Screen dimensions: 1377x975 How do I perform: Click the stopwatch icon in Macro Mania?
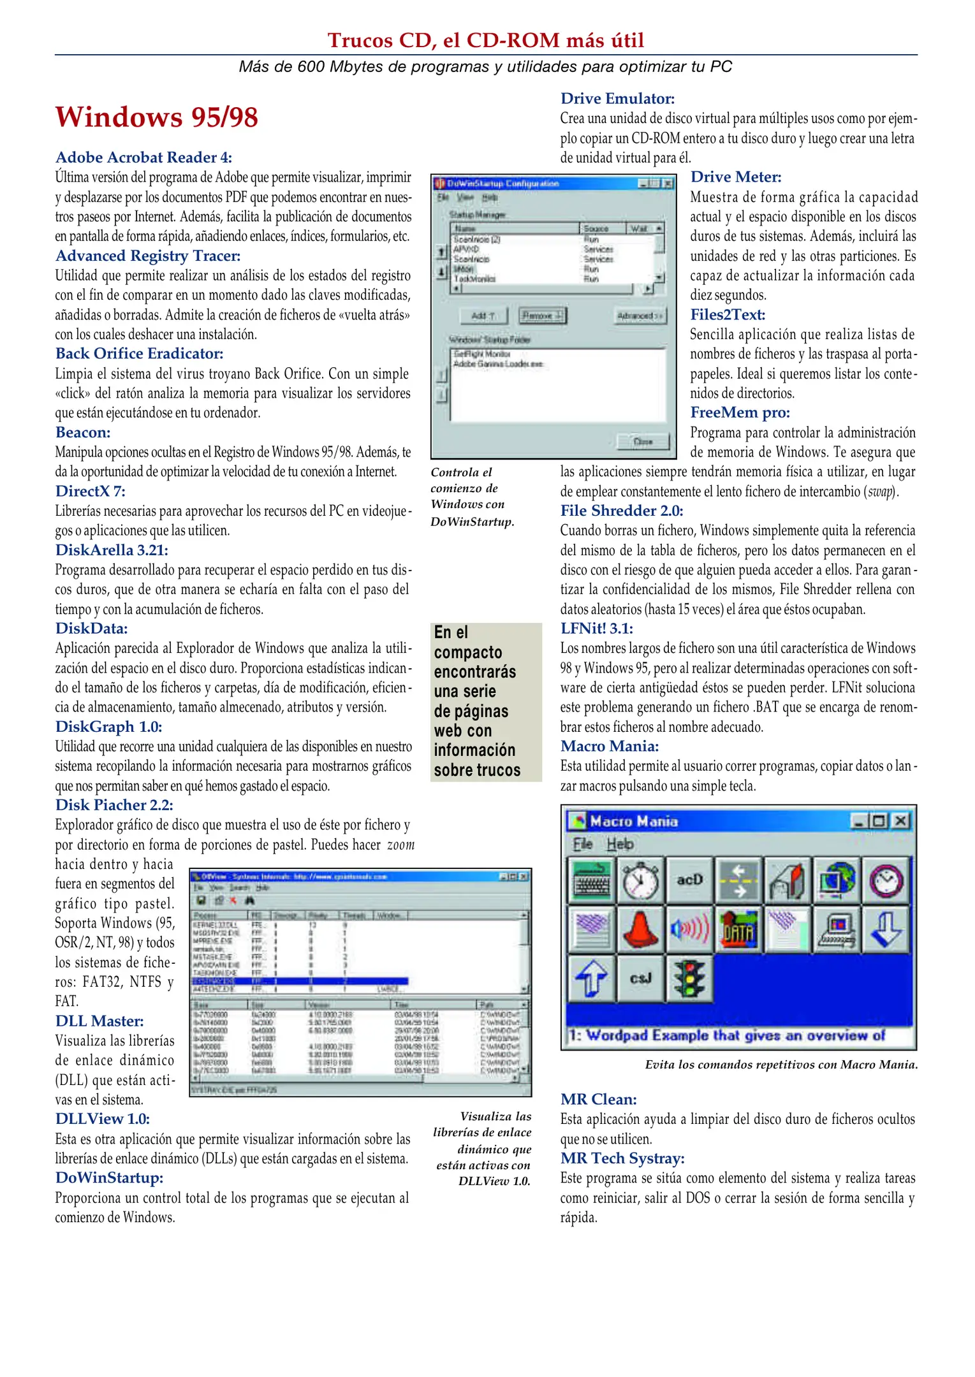tap(640, 880)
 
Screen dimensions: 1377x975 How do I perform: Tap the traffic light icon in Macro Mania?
tap(689, 978)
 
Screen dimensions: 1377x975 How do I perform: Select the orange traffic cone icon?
tap(640, 929)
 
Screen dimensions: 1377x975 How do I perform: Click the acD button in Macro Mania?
tap(689, 880)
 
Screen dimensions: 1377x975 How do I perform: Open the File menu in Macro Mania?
tap(582, 844)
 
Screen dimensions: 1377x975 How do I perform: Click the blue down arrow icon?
tap(886, 929)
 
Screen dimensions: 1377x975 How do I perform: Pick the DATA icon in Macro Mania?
tap(738, 929)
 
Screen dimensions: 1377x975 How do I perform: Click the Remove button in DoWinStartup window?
tap(541, 316)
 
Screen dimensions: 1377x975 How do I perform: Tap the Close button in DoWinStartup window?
tap(643, 441)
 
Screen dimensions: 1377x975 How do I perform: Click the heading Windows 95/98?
tap(156, 117)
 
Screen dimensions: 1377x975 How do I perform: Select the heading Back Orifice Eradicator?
tap(139, 354)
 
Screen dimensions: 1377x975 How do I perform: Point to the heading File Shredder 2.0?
tap(621, 511)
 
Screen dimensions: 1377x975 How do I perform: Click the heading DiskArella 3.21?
tap(112, 550)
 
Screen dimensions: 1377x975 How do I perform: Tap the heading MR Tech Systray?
tap(622, 1158)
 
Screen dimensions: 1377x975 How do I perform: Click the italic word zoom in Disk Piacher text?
tap(400, 845)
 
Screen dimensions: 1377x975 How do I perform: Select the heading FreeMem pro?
tap(740, 412)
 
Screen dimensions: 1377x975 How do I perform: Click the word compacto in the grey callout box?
tap(468, 653)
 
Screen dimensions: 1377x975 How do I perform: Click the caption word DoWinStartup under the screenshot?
tap(471, 521)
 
